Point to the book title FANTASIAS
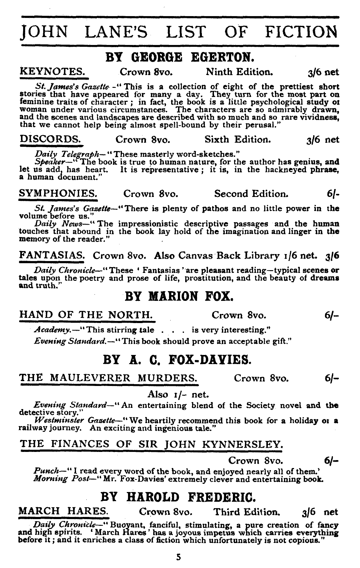click(x=52, y=256)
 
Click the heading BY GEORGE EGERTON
click(x=179, y=57)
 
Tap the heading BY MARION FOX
click(x=179, y=296)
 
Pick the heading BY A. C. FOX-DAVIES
click(x=178, y=360)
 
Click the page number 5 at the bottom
click(x=179, y=557)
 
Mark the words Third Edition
click(x=246, y=511)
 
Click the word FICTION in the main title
click(x=301, y=32)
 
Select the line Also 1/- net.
click(x=178, y=394)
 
